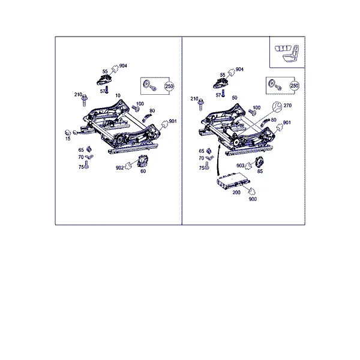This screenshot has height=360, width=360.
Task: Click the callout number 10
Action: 118,95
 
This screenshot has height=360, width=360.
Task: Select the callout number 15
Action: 68,139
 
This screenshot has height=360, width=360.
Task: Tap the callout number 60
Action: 143,171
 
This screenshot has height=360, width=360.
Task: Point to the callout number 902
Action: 119,168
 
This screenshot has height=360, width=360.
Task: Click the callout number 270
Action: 287,106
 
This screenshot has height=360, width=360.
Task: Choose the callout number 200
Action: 236,193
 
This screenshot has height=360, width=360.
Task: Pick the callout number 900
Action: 253,199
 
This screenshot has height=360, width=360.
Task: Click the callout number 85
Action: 260,171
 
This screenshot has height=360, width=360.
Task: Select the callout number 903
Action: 240,166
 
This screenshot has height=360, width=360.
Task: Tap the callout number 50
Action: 235,98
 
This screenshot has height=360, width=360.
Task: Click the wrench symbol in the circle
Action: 277,107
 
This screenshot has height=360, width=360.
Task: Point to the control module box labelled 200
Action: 233,181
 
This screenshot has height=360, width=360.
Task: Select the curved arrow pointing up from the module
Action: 218,161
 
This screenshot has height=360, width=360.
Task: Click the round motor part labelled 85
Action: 260,162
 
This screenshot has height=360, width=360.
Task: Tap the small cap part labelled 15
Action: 68,133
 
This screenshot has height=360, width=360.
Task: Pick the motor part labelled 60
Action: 143,161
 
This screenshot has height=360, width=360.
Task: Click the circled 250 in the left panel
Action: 169,86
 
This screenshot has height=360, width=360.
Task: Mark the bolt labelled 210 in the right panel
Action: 201,104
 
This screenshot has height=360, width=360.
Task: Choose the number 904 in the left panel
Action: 123,65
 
